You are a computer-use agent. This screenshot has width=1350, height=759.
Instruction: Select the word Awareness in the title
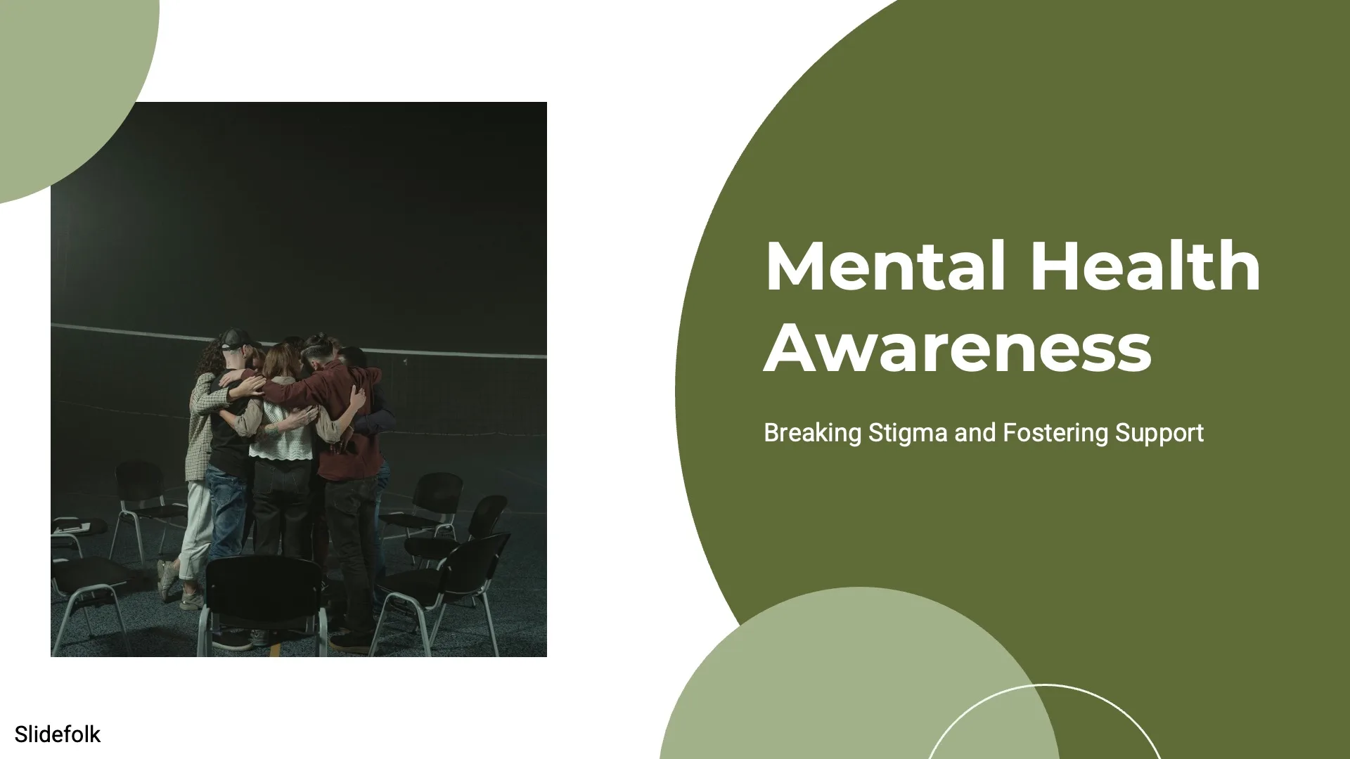click(957, 349)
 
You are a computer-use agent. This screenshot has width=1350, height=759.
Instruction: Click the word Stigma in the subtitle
click(908, 434)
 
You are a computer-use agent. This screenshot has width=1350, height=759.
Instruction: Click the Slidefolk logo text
click(58, 734)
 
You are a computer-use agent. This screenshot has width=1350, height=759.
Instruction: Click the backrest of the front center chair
click(264, 590)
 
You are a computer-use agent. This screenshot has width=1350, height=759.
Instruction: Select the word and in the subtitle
click(975, 433)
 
